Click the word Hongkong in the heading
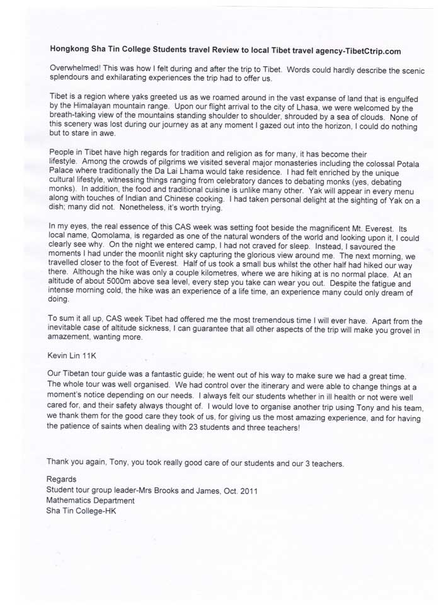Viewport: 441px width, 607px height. click(x=68, y=50)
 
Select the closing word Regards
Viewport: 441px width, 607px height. click(x=62, y=479)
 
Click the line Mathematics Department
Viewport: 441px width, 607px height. click(x=90, y=500)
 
